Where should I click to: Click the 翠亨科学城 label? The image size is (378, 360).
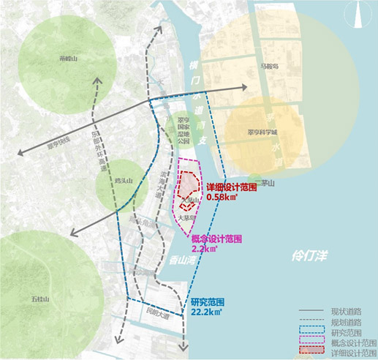click(x=262, y=134)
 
